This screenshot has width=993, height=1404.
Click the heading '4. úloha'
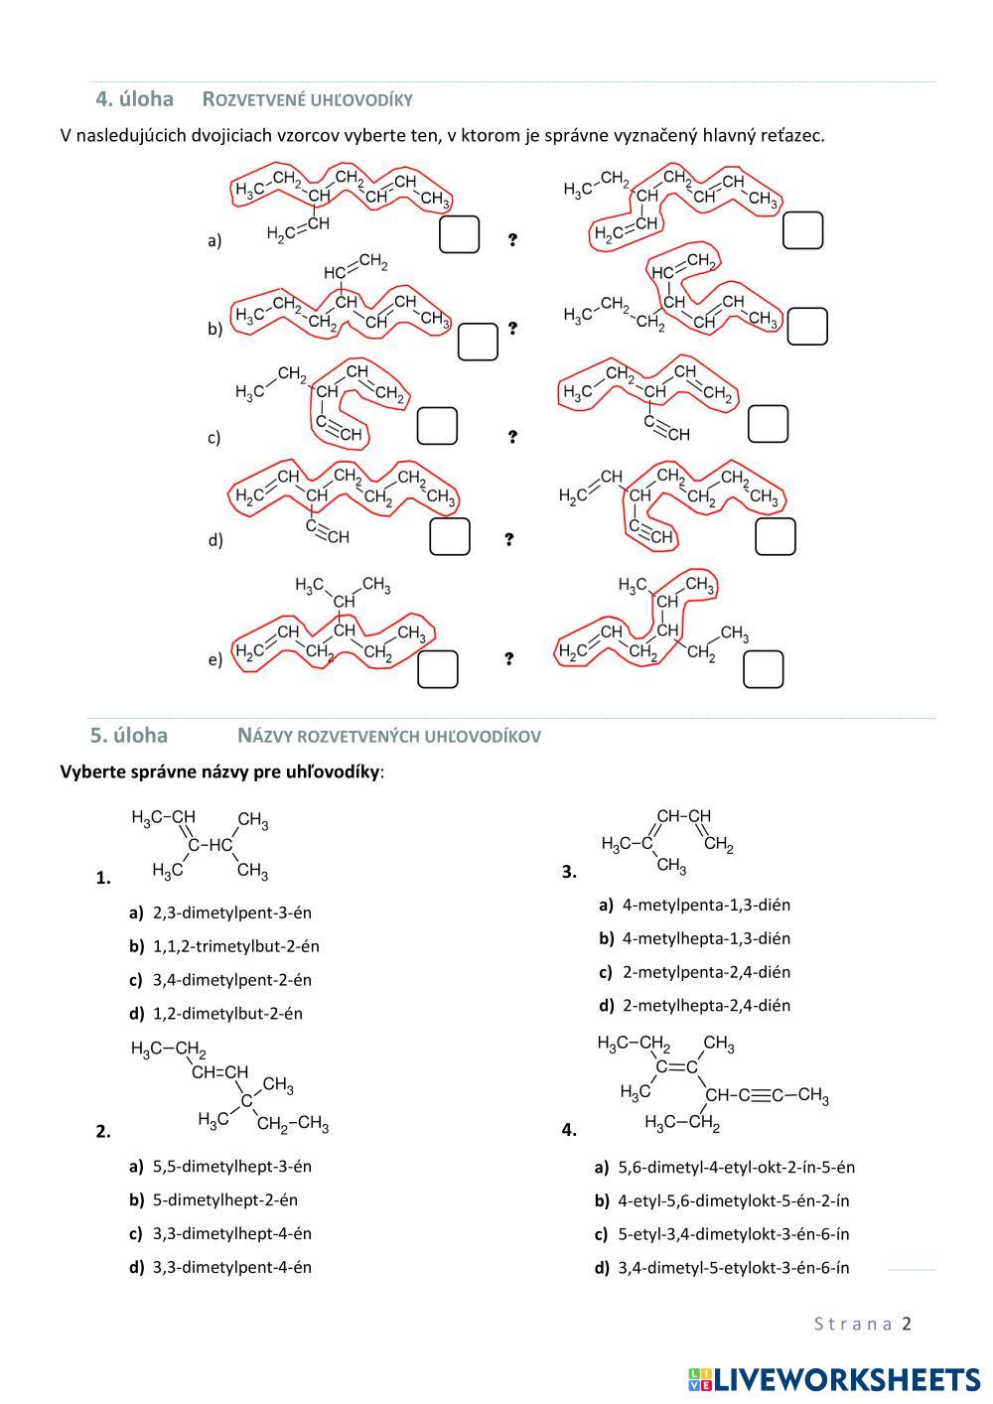[x=134, y=99]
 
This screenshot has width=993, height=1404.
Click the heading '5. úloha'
[x=129, y=736]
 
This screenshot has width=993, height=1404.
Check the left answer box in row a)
[x=459, y=234]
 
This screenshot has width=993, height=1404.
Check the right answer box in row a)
[x=802, y=230]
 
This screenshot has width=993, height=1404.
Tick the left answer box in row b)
[x=478, y=342]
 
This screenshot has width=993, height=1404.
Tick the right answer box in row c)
[x=768, y=424]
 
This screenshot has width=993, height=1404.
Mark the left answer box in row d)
[x=449, y=536]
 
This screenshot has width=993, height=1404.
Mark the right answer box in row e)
[x=763, y=669]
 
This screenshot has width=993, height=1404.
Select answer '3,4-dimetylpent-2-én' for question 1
[x=231, y=980]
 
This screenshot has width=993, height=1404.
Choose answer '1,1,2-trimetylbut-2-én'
[x=235, y=946]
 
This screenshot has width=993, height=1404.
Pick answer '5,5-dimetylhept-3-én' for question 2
[x=231, y=1167]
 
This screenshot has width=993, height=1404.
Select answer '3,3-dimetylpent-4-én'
[x=231, y=1267]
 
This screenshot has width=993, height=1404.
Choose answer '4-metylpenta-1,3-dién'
[x=706, y=905]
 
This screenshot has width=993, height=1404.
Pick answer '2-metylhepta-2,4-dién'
[x=706, y=1005]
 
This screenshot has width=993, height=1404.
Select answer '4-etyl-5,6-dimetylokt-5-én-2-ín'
[x=733, y=1200]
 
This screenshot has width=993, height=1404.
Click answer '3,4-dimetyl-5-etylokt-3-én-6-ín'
[x=733, y=1267]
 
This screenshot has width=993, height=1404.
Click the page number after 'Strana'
[x=906, y=1324]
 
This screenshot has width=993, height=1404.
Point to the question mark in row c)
[x=512, y=437]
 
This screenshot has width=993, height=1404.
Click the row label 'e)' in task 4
[x=214, y=659]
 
